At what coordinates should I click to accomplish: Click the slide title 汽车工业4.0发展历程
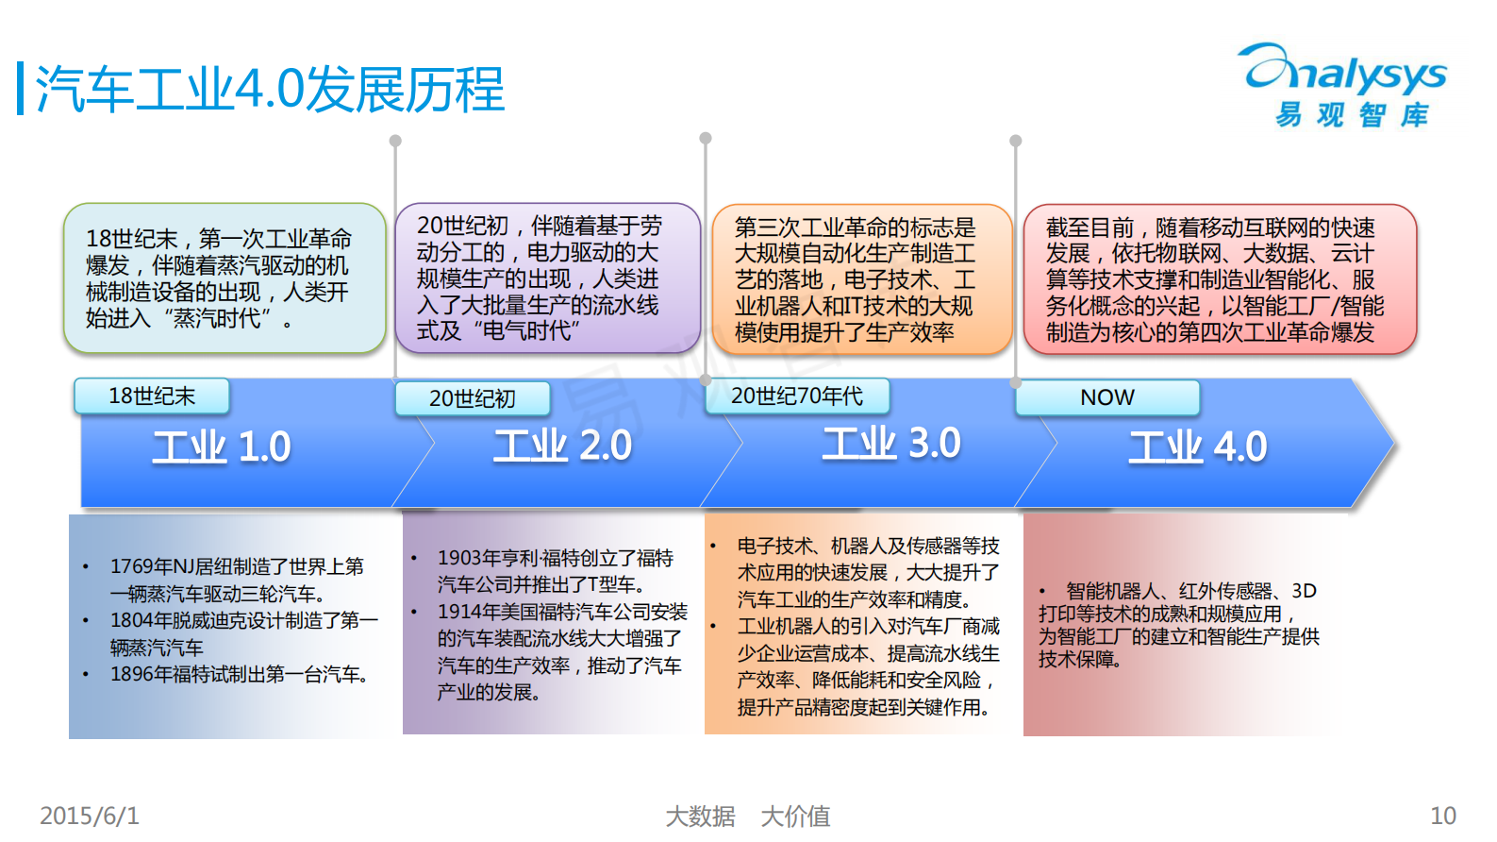(x=270, y=90)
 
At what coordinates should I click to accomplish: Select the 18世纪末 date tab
(x=152, y=396)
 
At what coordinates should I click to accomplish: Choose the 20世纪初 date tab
(x=472, y=399)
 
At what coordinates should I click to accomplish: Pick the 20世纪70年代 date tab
(x=797, y=396)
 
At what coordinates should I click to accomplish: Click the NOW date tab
(x=1107, y=397)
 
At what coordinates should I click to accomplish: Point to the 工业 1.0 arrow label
(x=222, y=447)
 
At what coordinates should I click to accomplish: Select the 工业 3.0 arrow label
(x=891, y=444)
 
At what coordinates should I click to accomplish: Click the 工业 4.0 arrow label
(x=1198, y=447)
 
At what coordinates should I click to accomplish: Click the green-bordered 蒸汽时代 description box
(x=225, y=278)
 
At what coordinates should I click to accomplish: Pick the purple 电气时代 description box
(x=547, y=278)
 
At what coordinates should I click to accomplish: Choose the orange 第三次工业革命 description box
(x=861, y=279)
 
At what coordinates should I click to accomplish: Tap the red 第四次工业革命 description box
(x=1220, y=279)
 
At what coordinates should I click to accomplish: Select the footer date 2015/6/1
(x=90, y=816)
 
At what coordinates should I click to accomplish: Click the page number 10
(x=1443, y=816)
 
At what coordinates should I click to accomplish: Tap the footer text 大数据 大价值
(x=748, y=816)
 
